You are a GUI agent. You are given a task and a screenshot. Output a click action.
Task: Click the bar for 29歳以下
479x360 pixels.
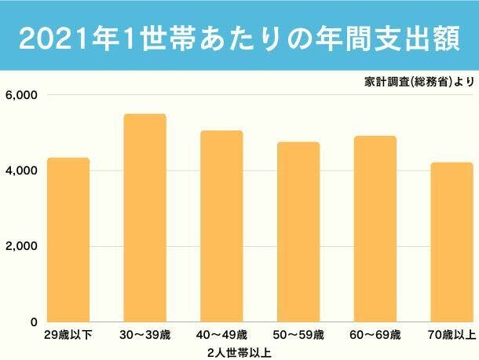pyautogui.click(x=68, y=240)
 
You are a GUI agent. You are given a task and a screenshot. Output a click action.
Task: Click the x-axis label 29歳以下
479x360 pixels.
pyautogui.click(x=68, y=336)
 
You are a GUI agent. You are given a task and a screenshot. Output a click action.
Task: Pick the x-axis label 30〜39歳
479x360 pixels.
pyautogui.click(x=144, y=336)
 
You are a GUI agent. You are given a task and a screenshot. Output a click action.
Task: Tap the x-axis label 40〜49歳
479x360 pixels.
pyautogui.click(x=221, y=336)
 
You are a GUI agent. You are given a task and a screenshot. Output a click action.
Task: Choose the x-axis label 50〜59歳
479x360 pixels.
pyautogui.click(x=298, y=336)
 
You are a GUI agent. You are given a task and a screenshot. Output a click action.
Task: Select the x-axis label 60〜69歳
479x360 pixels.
pyautogui.click(x=375, y=336)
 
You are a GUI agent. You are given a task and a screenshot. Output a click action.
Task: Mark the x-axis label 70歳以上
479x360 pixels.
pyautogui.click(x=453, y=336)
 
